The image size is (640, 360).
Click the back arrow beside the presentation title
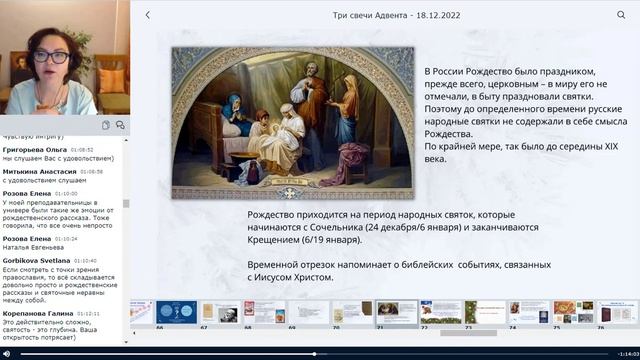148,15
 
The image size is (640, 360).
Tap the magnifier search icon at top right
621,15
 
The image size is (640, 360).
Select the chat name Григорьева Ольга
35,149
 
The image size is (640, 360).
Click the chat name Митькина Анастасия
36,171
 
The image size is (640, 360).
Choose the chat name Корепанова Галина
37,313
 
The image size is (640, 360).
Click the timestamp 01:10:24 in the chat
67,239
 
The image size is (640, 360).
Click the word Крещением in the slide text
281,240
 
